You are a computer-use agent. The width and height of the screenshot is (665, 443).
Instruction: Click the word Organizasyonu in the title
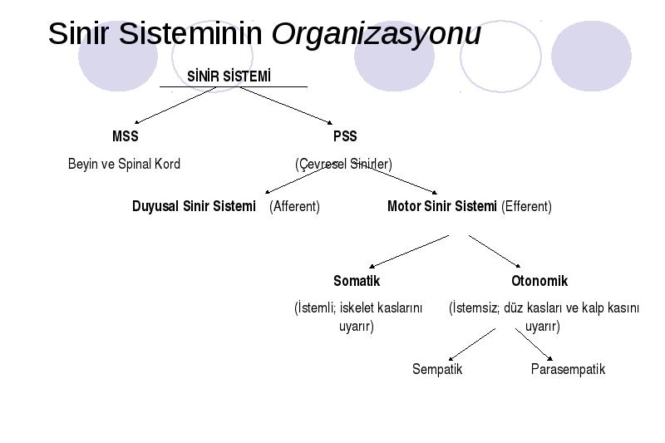[377, 34]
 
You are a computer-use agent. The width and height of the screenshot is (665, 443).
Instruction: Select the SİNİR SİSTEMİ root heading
[229, 76]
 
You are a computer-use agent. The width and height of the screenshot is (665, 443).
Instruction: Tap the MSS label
[126, 136]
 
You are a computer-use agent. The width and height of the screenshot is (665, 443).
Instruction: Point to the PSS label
[345, 136]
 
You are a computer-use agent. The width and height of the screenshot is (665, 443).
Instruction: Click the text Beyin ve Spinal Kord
[124, 164]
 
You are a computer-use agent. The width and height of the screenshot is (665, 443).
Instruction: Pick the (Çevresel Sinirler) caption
[343, 164]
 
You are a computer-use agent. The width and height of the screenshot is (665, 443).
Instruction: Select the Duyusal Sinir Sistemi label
[194, 206]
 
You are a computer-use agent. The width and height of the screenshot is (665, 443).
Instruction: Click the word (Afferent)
[294, 206]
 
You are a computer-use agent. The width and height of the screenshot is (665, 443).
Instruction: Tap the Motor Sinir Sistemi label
[442, 206]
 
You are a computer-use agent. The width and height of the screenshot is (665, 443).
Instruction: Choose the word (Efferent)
[526, 206]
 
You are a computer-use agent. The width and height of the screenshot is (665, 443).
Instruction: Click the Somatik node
[357, 281]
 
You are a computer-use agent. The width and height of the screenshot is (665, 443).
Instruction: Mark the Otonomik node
[539, 281]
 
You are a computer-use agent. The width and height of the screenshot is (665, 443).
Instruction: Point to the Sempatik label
[437, 369]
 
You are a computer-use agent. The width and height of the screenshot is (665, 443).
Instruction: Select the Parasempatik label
[568, 369]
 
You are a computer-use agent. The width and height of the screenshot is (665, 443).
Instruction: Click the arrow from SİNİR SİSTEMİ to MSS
[175, 106]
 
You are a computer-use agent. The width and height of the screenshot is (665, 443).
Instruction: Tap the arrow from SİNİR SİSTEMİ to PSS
[286, 106]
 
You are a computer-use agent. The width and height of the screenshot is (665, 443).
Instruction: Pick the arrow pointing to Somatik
[409, 252]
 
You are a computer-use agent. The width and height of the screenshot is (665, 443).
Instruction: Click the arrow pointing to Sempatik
[471, 345]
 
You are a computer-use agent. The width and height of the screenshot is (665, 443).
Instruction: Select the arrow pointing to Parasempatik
[534, 345]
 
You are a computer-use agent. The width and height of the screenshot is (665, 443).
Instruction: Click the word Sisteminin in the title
[190, 33]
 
